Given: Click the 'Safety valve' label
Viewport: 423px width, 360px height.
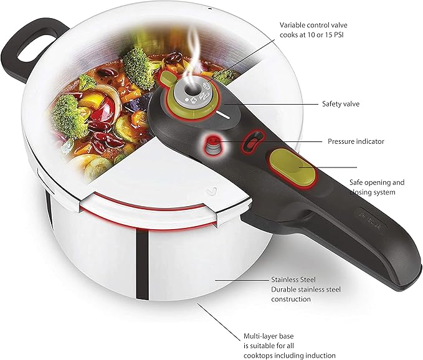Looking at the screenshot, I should pos(341,104).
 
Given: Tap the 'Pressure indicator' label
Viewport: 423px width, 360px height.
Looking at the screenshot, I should pos(356,141).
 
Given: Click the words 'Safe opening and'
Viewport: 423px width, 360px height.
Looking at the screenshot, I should pos(376,182).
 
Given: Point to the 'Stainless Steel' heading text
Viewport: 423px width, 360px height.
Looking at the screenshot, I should pos(292,280).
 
